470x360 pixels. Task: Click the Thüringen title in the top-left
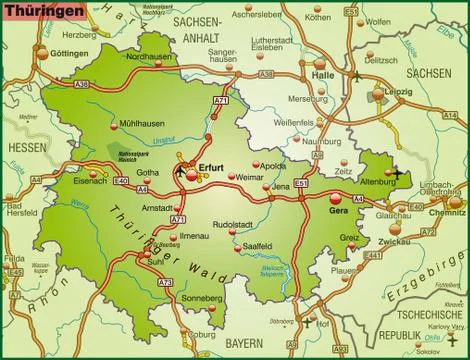tap(34, 9)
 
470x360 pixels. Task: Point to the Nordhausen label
tap(169, 57)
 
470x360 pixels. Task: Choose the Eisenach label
tap(89, 181)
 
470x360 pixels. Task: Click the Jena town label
tap(281, 187)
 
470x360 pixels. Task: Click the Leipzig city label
tap(398, 88)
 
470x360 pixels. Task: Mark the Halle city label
tap(322, 75)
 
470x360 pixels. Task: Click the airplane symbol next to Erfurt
tap(180, 171)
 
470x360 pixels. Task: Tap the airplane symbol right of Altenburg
tap(398, 173)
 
